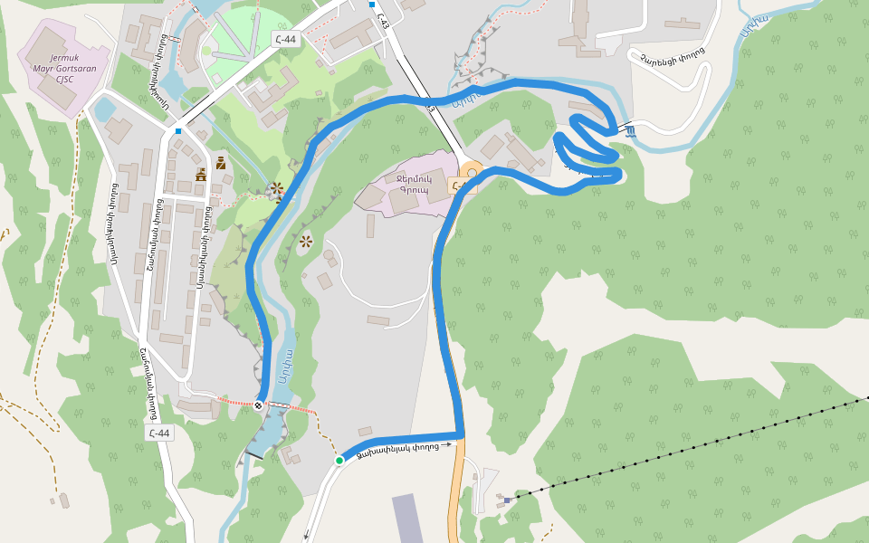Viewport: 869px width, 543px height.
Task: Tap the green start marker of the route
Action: [x=339, y=461]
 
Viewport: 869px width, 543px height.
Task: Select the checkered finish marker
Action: [x=260, y=405]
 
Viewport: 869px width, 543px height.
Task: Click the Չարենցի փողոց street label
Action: [x=672, y=55]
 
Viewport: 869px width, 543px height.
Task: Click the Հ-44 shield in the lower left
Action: [x=158, y=433]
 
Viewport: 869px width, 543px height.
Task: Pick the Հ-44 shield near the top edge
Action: [x=284, y=39]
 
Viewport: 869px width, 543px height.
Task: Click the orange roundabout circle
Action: [x=471, y=172]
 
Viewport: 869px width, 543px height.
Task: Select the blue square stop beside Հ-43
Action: [x=371, y=5]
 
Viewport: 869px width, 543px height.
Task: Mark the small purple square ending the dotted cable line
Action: [x=507, y=499]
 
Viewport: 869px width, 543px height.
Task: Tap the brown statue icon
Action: [x=221, y=163]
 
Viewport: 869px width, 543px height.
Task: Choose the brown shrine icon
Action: [x=201, y=174]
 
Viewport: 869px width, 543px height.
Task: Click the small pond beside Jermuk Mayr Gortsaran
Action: [x=104, y=110]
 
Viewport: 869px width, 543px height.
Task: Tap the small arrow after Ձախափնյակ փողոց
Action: [x=446, y=444]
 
